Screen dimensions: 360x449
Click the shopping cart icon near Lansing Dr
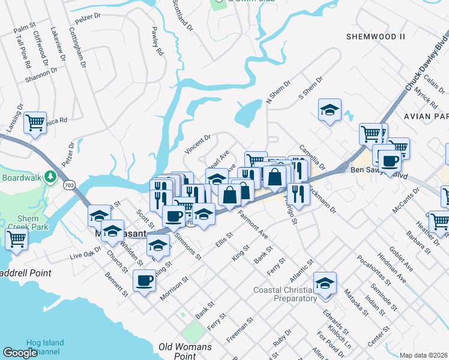[35, 122]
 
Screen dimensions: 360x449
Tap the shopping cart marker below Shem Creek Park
[16, 239]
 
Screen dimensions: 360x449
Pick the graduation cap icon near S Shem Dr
[329, 110]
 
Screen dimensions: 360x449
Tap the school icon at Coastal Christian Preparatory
[325, 283]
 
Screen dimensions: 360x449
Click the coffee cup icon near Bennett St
[144, 281]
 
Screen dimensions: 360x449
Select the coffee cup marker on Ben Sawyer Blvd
[389, 161]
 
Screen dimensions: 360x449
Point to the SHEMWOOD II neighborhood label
[376, 37]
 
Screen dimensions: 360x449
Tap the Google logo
[20, 352]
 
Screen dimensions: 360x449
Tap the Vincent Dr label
[197, 145]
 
